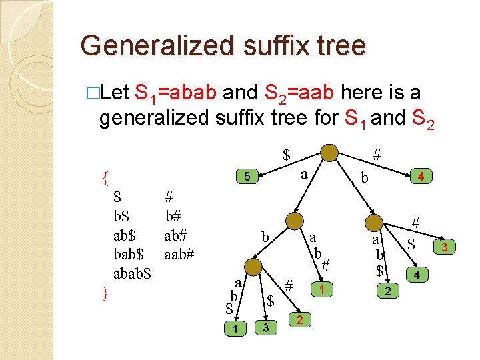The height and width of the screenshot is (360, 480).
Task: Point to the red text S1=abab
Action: point(175,93)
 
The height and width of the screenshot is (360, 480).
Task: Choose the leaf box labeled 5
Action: point(246,177)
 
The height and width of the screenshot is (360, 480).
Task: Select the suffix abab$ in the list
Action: point(133,273)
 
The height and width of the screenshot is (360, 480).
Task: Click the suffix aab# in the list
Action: point(179,254)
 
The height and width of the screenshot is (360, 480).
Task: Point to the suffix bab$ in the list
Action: point(129,254)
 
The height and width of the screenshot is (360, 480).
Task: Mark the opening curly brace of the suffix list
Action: point(105,177)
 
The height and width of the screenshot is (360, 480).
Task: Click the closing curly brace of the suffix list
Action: point(105,292)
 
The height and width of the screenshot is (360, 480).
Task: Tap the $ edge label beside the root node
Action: point(286,155)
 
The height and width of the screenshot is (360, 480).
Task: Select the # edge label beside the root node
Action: point(377,155)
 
